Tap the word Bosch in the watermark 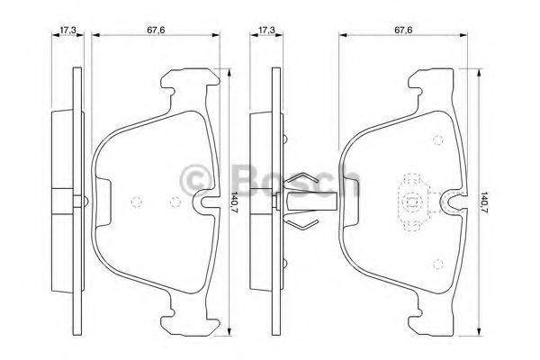(x=297, y=180)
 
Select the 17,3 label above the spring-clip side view (x=266, y=30)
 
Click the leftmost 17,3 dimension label (x=67, y=30)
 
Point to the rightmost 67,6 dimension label (x=403, y=30)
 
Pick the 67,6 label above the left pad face (x=156, y=30)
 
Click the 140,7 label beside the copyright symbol (x=235, y=202)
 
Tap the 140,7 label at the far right (x=485, y=202)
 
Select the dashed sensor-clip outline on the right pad (x=413, y=202)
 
